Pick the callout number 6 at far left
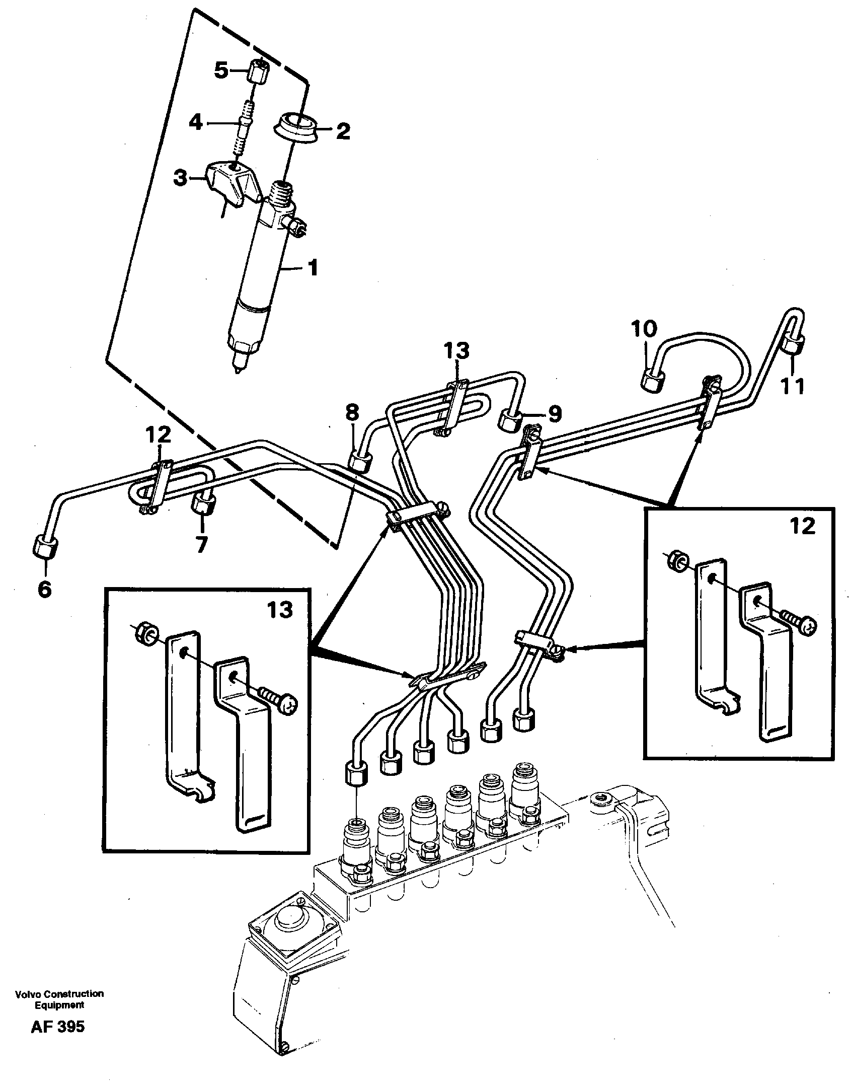(x=45, y=589)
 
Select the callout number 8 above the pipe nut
(x=352, y=413)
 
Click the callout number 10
(x=644, y=330)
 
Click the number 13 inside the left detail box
(x=280, y=610)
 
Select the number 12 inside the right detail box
(x=802, y=527)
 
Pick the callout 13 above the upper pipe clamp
(x=456, y=350)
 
